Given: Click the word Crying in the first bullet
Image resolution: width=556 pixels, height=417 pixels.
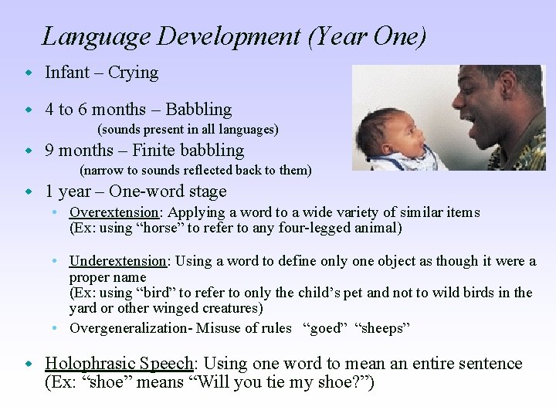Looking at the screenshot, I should (x=133, y=73).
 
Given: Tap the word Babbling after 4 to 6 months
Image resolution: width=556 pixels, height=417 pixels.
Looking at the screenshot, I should (x=198, y=110).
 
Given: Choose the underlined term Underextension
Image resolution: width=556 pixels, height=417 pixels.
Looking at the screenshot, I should (x=117, y=261).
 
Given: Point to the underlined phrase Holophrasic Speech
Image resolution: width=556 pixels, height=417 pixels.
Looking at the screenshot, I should (x=119, y=364).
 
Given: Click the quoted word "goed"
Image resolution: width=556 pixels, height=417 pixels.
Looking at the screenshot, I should (x=324, y=328).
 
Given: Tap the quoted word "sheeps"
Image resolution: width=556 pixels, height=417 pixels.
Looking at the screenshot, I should (x=382, y=328).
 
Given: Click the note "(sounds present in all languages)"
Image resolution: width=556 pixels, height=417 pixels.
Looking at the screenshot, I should (x=188, y=130).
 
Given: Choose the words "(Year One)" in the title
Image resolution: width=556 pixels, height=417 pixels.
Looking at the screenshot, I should (x=366, y=37).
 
